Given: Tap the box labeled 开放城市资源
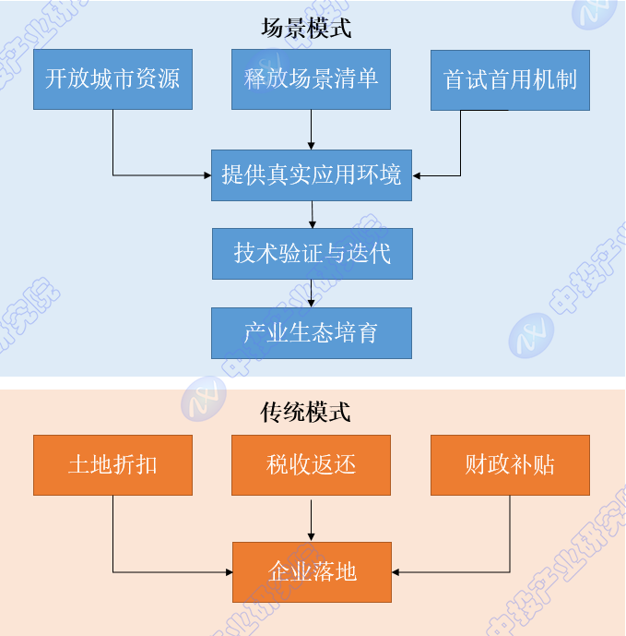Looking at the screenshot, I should [x=112, y=79].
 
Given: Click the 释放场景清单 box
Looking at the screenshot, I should [x=312, y=78].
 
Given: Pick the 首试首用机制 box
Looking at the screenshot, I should [x=510, y=80].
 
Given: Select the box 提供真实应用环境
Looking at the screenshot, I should [x=312, y=174].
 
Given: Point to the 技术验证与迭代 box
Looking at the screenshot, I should [x=312, y=253].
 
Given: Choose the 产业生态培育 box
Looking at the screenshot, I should [x=312, y=332].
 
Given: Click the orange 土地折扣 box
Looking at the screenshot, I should [x=112, y=464].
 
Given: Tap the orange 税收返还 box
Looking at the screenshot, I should [x=312, y=464].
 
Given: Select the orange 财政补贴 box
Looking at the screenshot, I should [x=510, y=464].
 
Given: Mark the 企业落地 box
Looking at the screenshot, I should [x=312, y=572].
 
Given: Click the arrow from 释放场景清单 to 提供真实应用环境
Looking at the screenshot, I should [x=312, y=129].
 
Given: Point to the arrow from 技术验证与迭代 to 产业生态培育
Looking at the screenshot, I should [x=312, y=294].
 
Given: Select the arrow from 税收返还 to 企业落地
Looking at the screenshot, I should [x=312, y=520].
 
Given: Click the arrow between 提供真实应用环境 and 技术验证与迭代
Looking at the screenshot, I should [x=313, y=214].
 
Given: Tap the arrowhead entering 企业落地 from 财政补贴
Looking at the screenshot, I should [x=396, y=572].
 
